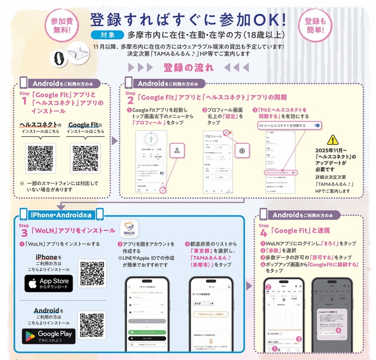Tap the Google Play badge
(x=48, y=334)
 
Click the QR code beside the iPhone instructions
(x=92, y=274)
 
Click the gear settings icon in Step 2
(x=242, y=150)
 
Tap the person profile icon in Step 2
(x=177, y=150)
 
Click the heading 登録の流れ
(x=187, y=68)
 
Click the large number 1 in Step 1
(x=24, y=101)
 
